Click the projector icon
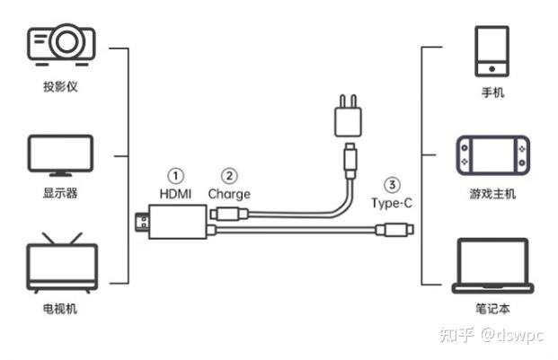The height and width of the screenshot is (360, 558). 61,44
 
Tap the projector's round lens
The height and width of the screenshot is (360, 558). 66,41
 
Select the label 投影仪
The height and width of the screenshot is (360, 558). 60,86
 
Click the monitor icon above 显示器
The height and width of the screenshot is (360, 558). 60,155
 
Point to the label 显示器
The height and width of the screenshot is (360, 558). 60,193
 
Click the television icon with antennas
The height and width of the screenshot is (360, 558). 62,263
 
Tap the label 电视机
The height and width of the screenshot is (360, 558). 60,309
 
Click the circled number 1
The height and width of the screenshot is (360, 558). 175,176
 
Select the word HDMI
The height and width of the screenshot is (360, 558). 175,194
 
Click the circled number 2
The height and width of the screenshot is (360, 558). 229,176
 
